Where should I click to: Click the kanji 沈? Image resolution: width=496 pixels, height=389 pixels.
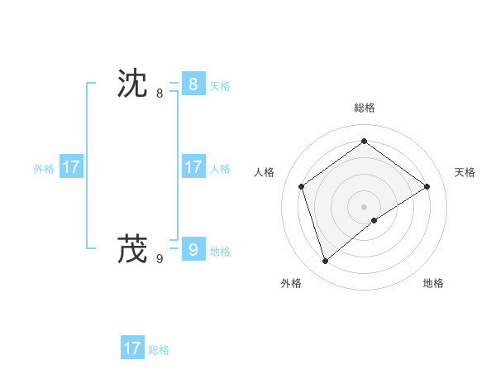132,84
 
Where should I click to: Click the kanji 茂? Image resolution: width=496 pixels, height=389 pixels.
132,248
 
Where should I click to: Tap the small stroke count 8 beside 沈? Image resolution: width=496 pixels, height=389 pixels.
160,94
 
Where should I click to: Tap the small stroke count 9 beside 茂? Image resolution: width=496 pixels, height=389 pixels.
160,258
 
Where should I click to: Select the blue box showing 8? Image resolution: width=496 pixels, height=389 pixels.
193,84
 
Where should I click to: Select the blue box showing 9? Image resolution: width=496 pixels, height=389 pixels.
193,248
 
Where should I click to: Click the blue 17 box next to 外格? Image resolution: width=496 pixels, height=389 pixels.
71,167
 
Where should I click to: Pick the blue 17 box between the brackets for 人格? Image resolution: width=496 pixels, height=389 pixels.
193,167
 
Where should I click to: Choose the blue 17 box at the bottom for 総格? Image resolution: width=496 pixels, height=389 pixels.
132,348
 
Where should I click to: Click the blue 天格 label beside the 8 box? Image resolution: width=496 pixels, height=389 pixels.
220,86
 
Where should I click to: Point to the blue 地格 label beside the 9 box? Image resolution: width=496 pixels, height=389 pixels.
220,252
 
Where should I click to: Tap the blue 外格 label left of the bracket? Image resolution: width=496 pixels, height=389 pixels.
44,169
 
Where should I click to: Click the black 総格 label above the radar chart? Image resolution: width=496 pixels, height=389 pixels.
365,108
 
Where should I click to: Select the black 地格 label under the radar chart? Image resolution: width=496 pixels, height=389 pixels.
433,283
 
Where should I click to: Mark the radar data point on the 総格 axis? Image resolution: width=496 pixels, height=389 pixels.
365,141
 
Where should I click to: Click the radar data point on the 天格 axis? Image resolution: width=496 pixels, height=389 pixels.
427,186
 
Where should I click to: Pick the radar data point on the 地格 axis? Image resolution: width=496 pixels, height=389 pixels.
374,220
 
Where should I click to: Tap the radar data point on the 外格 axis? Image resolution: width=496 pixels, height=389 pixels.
326,262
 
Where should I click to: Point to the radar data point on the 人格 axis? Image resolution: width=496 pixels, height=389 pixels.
302,186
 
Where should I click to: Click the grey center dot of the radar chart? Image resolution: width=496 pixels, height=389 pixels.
365,206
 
